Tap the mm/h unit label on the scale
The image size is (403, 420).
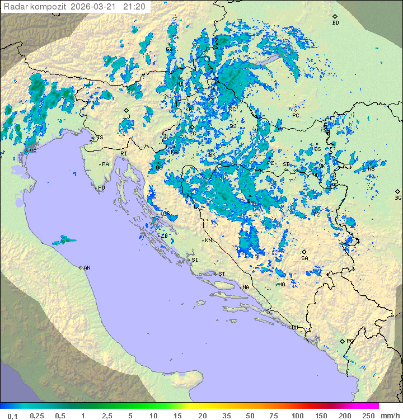pyautogui.click(x=388, y=416)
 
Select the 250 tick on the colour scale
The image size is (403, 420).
pyautogui.click(x=368, y=416)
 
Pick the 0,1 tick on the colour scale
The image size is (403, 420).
pyautogui.click(x=12, y=416)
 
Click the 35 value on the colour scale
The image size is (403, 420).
pyautogui.click(x=227, y=416)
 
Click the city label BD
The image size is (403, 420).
pyautogui.click(x=335, y=23)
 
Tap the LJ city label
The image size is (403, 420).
pyautogui.click(x=126, y=116)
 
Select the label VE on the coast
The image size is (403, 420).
pyautogui.click(x=33, y=152)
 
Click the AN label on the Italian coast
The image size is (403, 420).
pyautogui.click(x=87, y=268)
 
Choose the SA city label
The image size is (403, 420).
pyautogui.click(x=304, y=258)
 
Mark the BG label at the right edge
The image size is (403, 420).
pyautogui.click(x=398, y=197)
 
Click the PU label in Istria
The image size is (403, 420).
pyautogui.click(x=101, y=188)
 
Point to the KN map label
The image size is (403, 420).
pyautogui.click(x=208, y=240)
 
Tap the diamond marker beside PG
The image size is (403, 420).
pyautogui.click(x=342, y=341)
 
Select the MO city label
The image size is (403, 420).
pyautogui.click(x=282, y=284)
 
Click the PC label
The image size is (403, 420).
pyautogui.click(x=296, y=116)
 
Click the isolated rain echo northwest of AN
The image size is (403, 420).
pyautogui.click(x=64, y=240)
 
